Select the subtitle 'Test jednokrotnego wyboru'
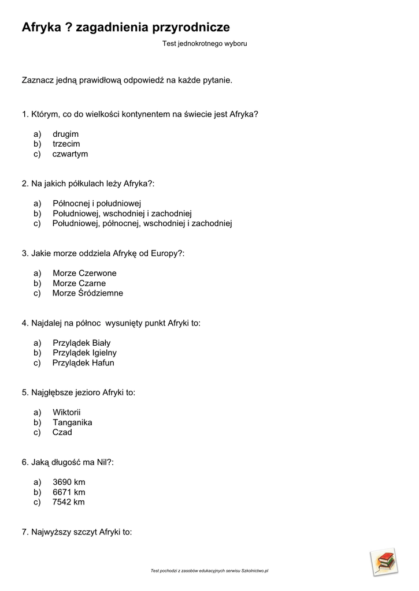[205, 43]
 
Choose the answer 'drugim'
[65, 134]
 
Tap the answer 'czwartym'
[70, 154]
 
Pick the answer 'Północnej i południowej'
[97, 203]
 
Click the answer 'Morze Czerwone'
[84, 273]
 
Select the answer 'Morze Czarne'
[79, 283]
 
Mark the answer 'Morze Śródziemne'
[87, 293]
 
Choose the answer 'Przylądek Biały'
[81, 343]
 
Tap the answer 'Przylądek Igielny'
[84, 353]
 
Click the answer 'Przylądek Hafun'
[83, 363]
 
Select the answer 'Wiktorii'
[66, 412]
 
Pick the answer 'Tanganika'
[72, 422]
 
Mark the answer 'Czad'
[62, 432]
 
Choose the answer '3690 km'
[69, 482]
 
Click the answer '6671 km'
[69, 492]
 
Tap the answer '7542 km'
[69, 502]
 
